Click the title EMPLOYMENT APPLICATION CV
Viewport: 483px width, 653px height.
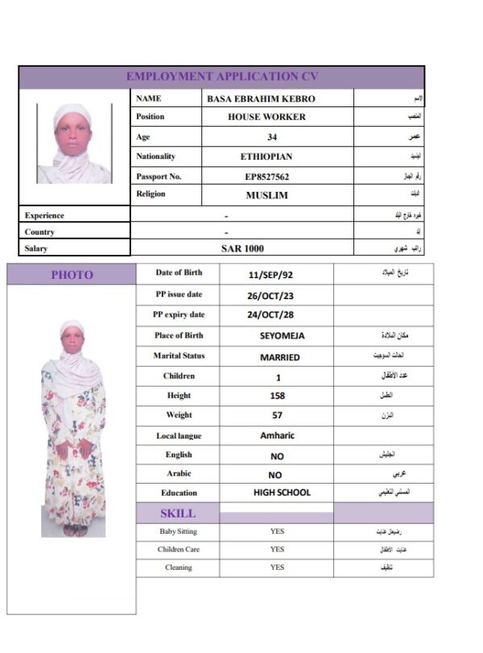(x=221, y=77)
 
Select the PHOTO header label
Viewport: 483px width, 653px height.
(x=72, y=275)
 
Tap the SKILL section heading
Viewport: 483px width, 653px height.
(x=177, y=513)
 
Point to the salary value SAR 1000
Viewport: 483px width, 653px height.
(x=242, y=248)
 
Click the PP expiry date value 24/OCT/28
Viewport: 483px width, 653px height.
(x=270, y=315)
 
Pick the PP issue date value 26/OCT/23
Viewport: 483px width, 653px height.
(x=270, y=295)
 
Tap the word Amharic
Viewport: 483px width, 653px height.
(x=278, y=435)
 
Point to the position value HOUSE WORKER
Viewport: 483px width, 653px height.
(x=266, y=117)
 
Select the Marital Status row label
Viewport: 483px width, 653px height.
(x=179, y=356)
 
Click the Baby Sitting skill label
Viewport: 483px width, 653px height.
(x=178, y=531)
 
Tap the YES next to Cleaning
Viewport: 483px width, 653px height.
(x=277, y=568)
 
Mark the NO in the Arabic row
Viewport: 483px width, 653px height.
(x=275, y=475)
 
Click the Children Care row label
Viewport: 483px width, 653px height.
(x=178, y=550)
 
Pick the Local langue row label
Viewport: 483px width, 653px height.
(x=179, y=436)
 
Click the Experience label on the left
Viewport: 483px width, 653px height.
(x=44, y=215)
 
